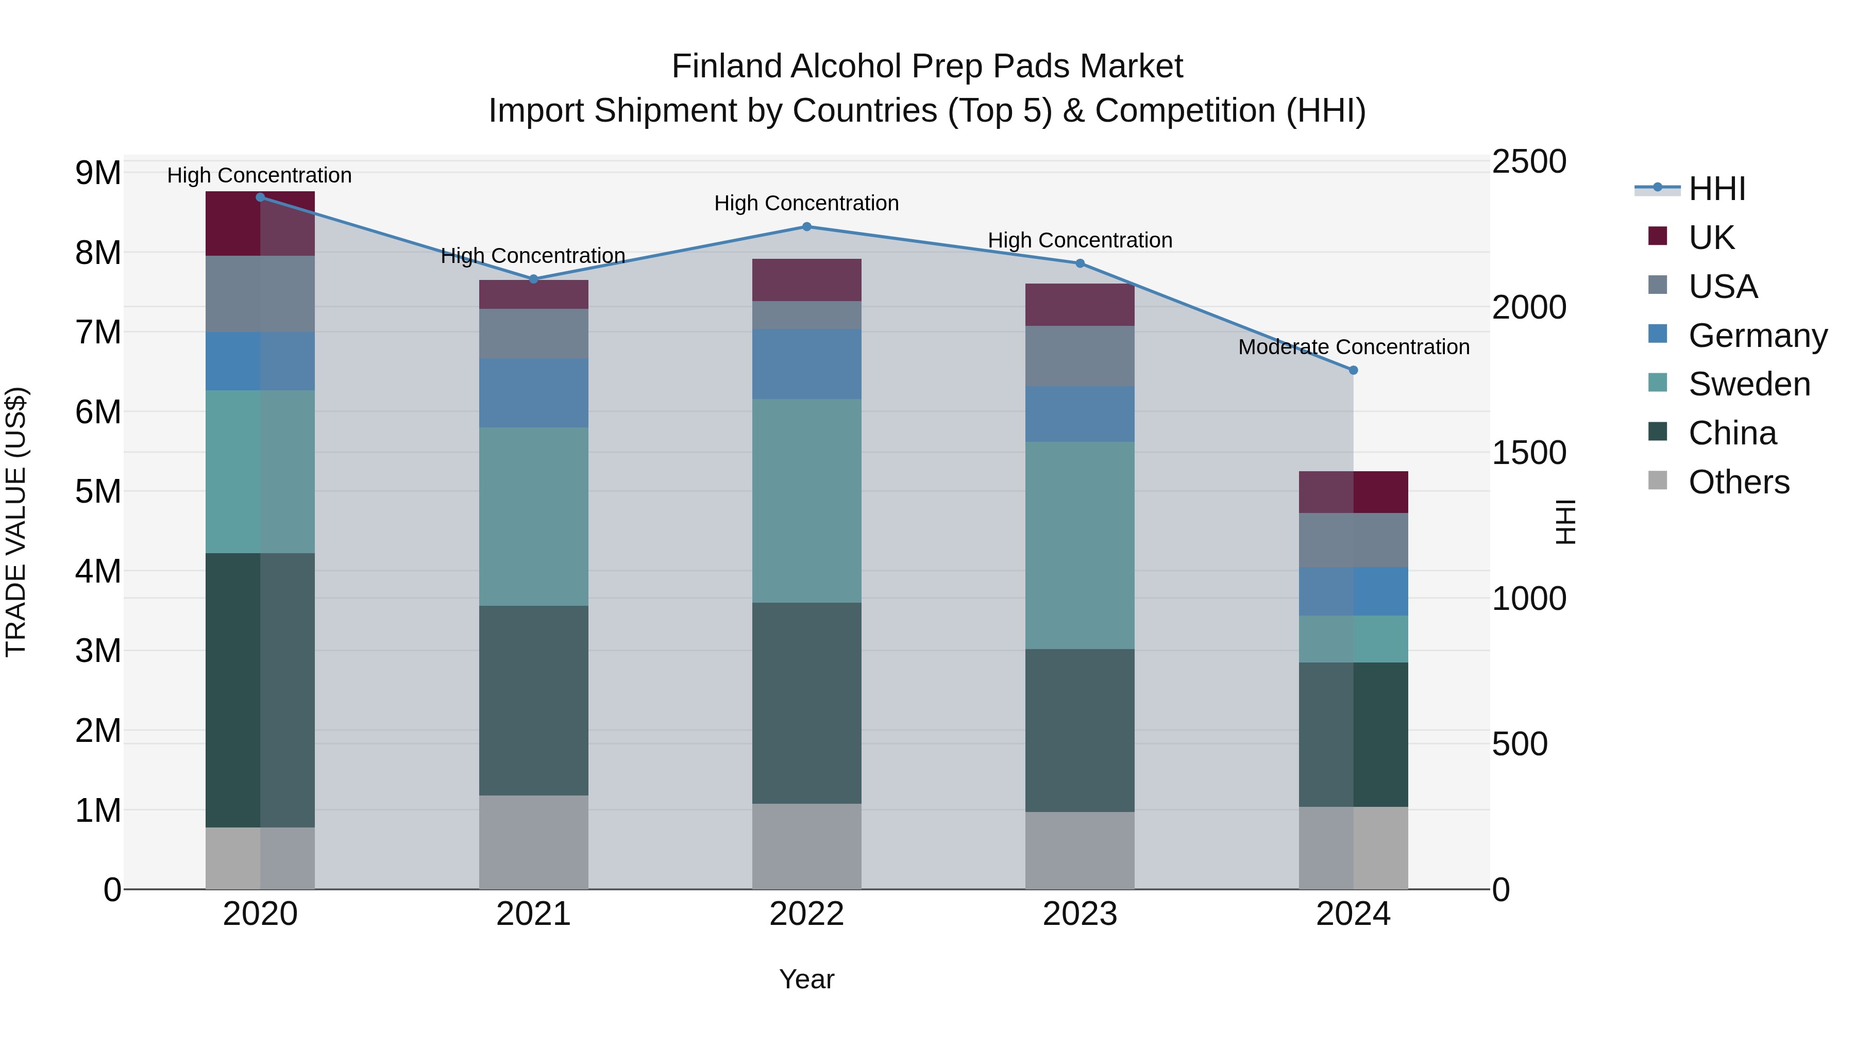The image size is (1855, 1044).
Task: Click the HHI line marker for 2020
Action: click(x=261, y=197)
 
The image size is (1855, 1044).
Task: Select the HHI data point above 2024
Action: click(x=1353, y=370)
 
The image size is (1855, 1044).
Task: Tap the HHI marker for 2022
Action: click(x=806, y=227)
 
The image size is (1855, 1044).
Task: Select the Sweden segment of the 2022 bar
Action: click(x=806, y=501)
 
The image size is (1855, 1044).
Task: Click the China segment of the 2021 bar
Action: click(x=534, y=700)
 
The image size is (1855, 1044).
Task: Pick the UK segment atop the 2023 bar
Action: click(x=1080, y=305)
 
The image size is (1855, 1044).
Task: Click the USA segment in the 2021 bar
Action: click(x=534, y=334)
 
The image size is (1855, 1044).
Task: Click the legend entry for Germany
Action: click(x=1757, y=336)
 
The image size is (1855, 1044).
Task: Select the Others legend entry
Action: click(x=1739, y=482)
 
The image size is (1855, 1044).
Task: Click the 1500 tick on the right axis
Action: click(x=1528, y=453)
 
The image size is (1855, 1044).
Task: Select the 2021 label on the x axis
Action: click(x=534, y=914)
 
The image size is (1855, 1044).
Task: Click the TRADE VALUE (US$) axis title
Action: click(x=16, y=522)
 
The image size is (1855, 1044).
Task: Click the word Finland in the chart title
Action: click(x=727, y=67)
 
